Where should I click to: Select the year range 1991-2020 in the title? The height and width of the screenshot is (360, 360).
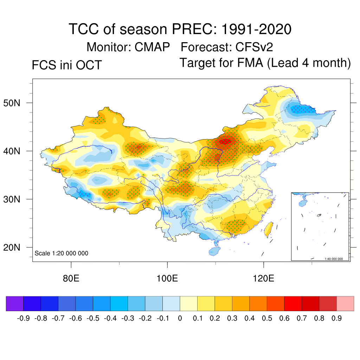point(256,29)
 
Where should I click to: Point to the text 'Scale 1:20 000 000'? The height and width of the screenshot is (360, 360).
point(62,253)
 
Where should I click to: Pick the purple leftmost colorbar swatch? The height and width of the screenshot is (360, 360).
point(15,304)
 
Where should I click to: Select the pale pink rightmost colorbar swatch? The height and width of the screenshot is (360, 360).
point(345,304)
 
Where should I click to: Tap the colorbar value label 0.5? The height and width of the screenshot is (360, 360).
point(267,319)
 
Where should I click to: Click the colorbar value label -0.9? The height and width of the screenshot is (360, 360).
point(23,319)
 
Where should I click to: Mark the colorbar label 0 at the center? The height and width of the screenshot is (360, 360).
point(180,319)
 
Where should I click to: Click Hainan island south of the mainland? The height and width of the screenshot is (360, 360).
point(214,251)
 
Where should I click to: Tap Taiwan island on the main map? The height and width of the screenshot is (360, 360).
point(269,229)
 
